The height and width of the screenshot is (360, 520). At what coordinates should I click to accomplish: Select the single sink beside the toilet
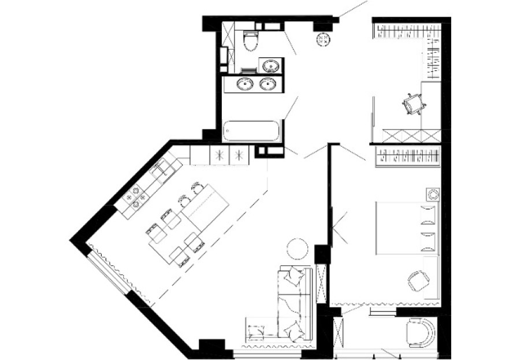pos(270,65)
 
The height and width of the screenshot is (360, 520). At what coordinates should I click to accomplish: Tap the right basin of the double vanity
pos(267,84)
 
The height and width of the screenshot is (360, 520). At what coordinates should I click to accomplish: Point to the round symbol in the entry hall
pos(324,38)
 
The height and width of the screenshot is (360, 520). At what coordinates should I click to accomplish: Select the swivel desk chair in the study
pos(414,105)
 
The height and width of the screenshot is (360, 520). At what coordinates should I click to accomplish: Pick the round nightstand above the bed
pos(431,194)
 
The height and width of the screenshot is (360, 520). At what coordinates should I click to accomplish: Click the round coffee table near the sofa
pos(298,248)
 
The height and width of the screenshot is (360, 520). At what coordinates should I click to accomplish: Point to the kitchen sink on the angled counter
pos(164,170)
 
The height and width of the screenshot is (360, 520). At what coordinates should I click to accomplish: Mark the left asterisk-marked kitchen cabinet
pos(219,155)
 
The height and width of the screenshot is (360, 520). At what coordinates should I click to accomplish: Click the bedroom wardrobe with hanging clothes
pos(407,156)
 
